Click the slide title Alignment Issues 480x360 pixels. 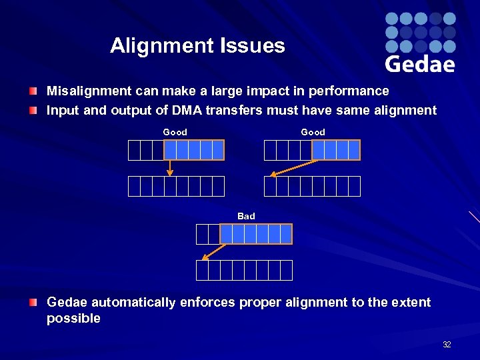pos(197,46)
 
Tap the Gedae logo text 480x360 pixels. pos(419,64)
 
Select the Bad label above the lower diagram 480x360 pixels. pos(246,216)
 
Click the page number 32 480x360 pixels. pos(447,345)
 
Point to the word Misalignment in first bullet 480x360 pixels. pos(84,91)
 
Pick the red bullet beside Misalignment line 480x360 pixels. pos(33,91)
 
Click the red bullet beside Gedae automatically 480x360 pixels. pos(33,303)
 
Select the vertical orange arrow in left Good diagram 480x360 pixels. pos(170,167)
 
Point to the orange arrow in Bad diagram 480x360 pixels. pos(214,251)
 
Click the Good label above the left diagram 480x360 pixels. pos(175,132)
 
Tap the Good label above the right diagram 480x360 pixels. pos(313,132)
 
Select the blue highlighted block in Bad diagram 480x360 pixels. pos(256,234)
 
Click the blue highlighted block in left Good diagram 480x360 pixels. pos(194,150)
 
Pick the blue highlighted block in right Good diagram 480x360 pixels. pos(336,150)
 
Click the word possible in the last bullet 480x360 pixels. pos(73,319)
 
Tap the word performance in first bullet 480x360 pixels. pos(346,91)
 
